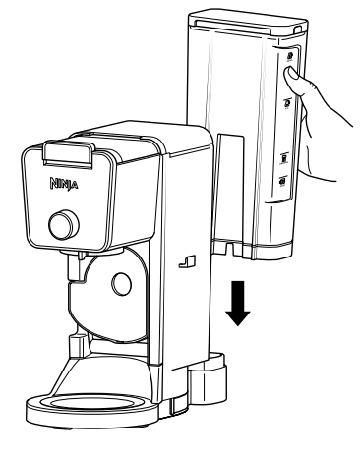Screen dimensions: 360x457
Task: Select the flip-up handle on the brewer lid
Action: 66,153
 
